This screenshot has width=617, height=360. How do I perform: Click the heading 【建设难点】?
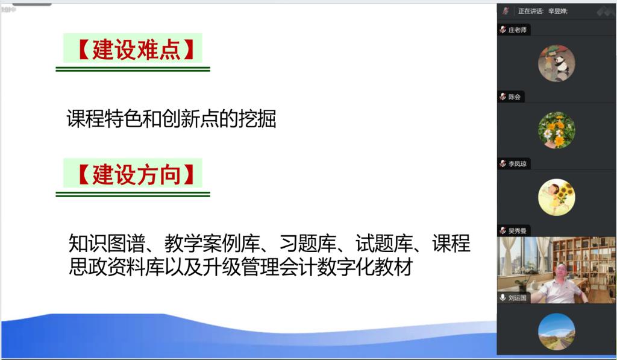[x=135, y=49]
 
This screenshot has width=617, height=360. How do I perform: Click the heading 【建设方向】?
[x=135, y=174]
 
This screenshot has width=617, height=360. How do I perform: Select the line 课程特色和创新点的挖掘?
[x=172, y=118]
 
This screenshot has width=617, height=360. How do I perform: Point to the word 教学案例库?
[x=212, y=243]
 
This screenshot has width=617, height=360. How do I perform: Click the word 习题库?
[x=308, y=243]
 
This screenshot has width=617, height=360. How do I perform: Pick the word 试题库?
[x=384, y=243]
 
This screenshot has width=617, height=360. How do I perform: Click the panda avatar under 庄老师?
[x=556, y=63]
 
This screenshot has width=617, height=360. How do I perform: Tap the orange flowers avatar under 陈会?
[x=556, y=130]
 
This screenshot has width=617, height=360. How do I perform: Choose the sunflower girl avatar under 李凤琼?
[x=556, y=197]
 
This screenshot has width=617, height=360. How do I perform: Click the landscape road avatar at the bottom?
[x=556, y=332]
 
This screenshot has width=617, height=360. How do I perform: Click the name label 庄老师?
[x=517, y=30]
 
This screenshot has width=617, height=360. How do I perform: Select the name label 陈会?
[x=514, y=96]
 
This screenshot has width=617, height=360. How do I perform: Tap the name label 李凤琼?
[x=517, y=163]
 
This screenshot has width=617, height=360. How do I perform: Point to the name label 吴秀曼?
[x=517, y=230]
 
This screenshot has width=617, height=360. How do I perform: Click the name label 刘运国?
[x=517, y=298]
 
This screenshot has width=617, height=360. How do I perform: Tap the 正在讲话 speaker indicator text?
[x=530, y=11]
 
